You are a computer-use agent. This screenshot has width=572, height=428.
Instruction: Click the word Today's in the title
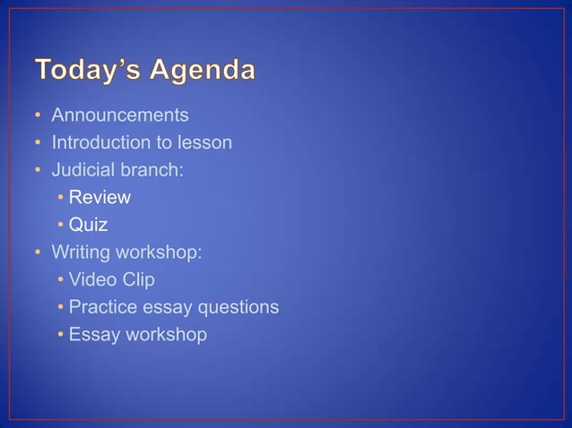[x=86, y=70]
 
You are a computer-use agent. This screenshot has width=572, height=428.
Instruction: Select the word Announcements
[x=120, y=116]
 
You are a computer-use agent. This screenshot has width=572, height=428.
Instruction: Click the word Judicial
[x=85, y=170]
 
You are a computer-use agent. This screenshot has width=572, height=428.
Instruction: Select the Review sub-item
[x=100, y=197]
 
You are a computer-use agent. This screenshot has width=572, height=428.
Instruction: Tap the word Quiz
[x=88, y=225]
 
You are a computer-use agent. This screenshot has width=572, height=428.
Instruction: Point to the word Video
[x=91, y=279]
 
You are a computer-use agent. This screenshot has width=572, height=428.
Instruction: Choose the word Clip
[x=136, y=279]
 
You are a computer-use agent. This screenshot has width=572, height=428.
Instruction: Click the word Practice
[x=104, y=307]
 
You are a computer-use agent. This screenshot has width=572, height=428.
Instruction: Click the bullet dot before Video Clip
[x=59, y=280]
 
